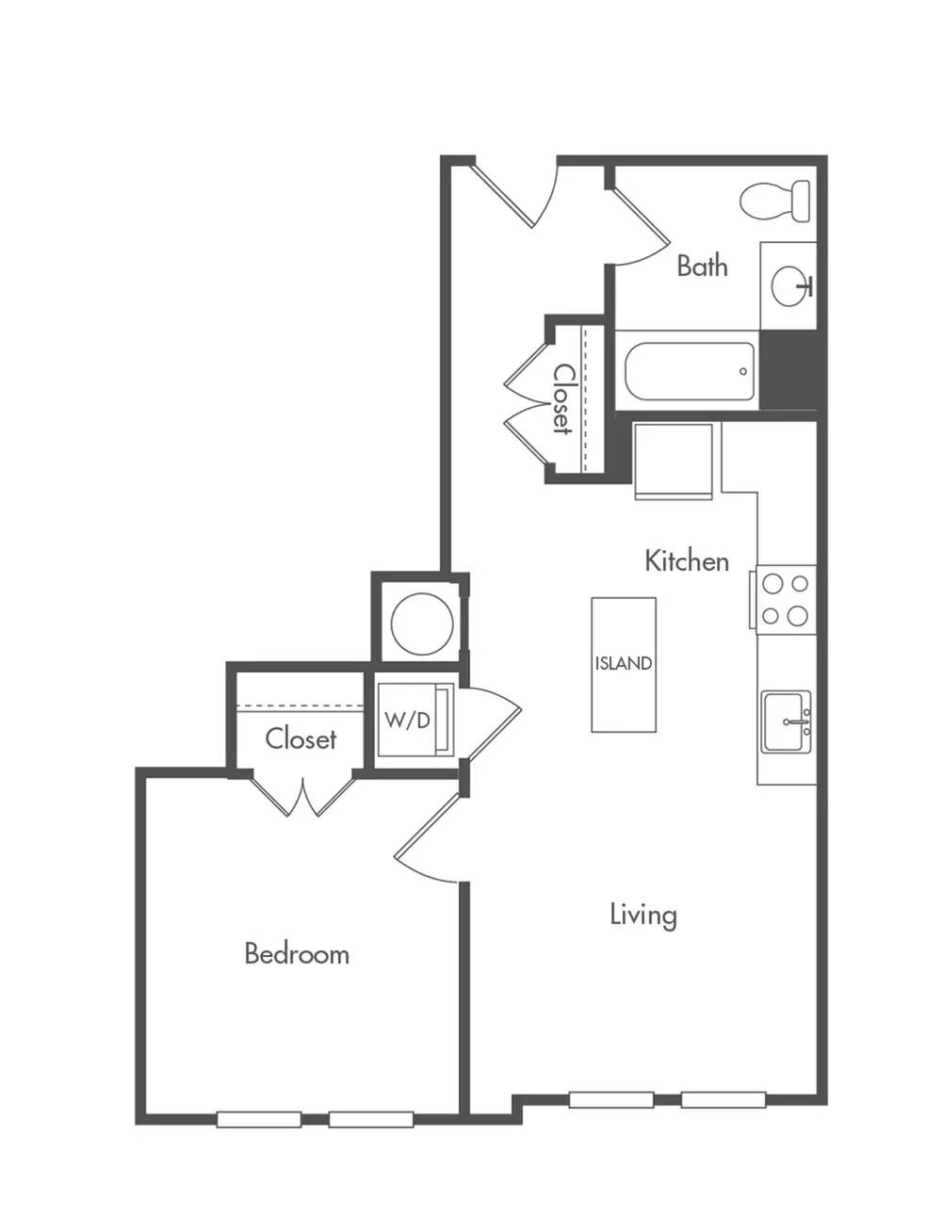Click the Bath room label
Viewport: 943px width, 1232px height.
pos(702,266)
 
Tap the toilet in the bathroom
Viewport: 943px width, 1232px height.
pos(775,201)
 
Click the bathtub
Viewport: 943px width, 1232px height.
pos(690,371)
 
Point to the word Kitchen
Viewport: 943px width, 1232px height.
pos(687,561)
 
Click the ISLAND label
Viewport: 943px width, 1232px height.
pos(623,663)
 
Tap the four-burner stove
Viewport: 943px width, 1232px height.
pos(786,600)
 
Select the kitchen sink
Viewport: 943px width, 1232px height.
pos(786,721)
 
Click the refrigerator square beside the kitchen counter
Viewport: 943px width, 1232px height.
pos(674,462)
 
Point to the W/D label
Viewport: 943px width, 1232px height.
pos(408,721)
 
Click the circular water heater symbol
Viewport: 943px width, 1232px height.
pos(421,623)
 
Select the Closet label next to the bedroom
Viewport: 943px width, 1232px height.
pos(301,738)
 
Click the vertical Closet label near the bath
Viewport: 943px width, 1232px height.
pos(563,399)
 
